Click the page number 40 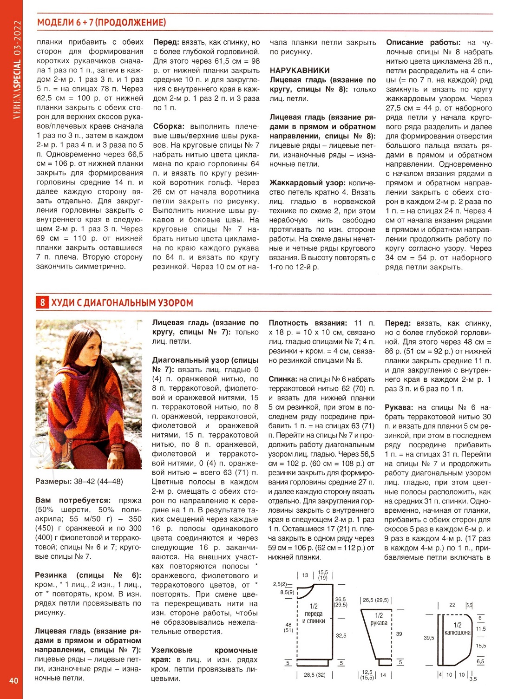coord(13,680)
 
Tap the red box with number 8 coord(42,303)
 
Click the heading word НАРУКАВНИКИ coord(300,71)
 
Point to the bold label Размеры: coord(52,482)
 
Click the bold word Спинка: coord(282,379)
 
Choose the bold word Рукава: coord(399,407)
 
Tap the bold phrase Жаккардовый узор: coord(308,183)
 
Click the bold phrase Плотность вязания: coord(308,323)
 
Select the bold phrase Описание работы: coord(423,42)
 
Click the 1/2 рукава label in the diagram coord(379,619)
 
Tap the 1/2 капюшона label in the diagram coord(458,629)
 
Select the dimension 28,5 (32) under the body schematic coord(314,675)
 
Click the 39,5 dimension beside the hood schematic coord(429,638)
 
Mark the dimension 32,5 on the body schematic coord(341,635)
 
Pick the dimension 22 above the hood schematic coord(452,605)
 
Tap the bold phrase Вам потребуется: coord(73,500)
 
